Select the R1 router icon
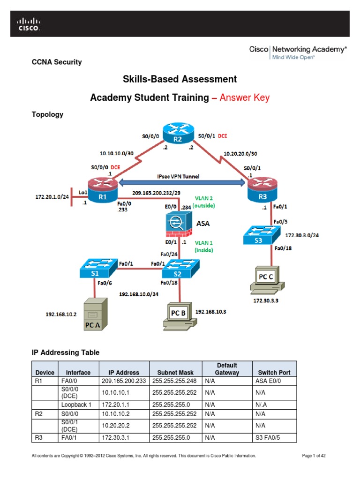pyautogui.click(x=103, y=191)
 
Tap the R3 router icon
pyautogui.click(x=262, y=191)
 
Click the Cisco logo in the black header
pyautogui.click(x=29, y=24)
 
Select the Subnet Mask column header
pyautogui.click(x=175, y=373)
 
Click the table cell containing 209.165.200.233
pyautogui.click(x=124, y=381)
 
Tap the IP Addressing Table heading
pyautogui.click(x=65, y=352)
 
